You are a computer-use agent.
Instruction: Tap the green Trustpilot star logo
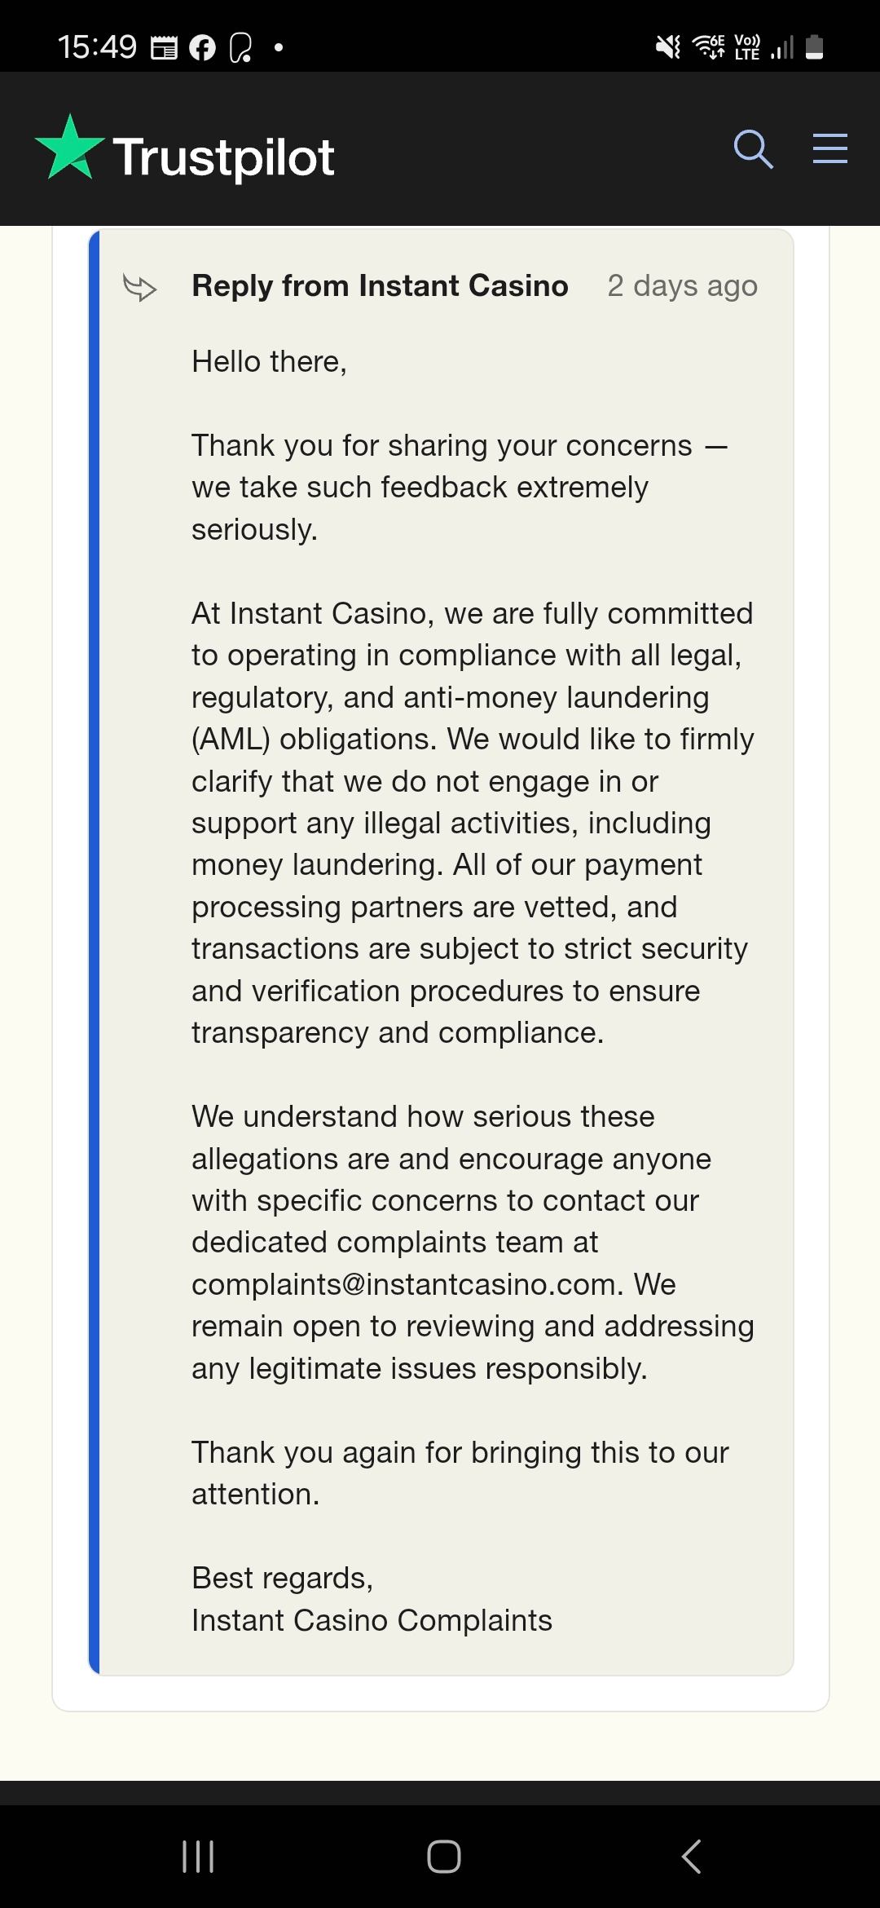click(69, 148)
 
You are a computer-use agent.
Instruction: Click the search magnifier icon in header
click(753, 149)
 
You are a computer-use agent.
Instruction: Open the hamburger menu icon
click(829, 149)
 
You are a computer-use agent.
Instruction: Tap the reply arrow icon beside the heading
click(139, 287)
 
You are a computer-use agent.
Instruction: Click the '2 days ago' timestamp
click(682, 286)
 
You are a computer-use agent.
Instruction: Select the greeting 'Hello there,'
click(269, 361)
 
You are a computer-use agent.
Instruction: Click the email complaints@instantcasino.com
click(399, 1284)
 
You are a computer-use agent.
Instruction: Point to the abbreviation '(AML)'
click(231, 740)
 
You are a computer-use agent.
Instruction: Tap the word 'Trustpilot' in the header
click(223, 157)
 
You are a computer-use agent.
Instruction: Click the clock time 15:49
click(97, 46)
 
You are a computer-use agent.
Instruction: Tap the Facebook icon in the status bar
click(202, 48)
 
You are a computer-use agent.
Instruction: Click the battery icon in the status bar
click(814, 47)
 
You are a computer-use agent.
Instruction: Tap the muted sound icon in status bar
click(668, 47)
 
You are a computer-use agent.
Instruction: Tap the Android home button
click(443, 1857)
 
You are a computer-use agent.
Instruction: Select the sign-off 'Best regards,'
click(282, 1578)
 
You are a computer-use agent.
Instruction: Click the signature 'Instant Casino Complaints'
click(372, 1620)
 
